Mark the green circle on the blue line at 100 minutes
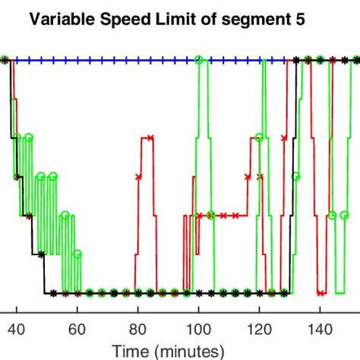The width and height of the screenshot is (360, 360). tap(199, 59)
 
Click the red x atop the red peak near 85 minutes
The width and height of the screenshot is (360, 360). tap(150, 137)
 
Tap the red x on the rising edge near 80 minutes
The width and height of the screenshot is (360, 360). tap(138, 176)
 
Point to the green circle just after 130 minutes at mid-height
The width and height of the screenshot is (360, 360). tap(296, 176)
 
